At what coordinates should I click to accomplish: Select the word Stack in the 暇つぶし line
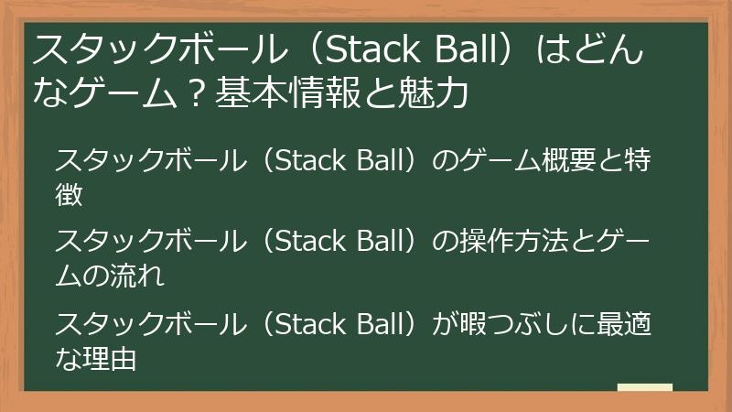[x=306, y=325]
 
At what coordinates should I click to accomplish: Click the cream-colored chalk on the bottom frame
[x=645, y=388]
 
